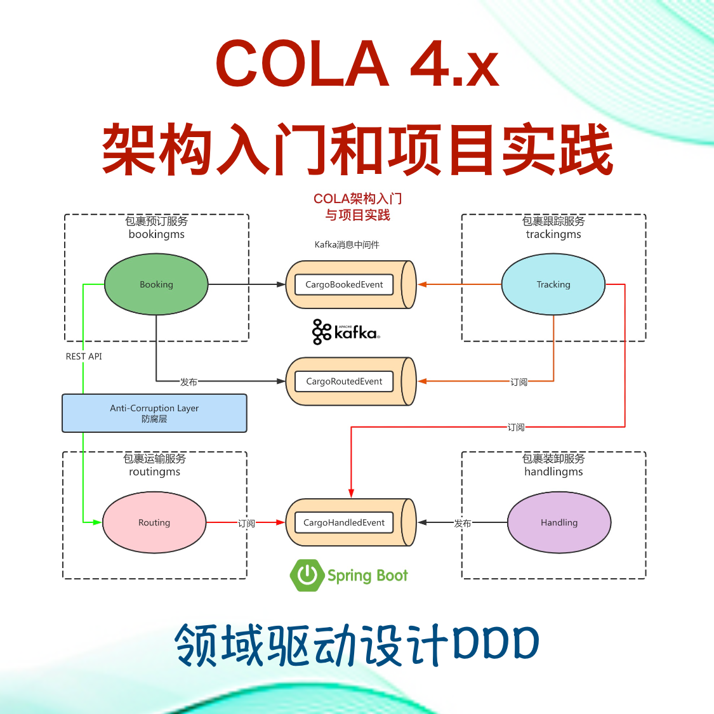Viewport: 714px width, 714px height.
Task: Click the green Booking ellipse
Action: click(x=156, y=284)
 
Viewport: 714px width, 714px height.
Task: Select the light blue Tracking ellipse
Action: click(x=553, y=284)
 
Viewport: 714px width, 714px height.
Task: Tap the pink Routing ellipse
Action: click(x=154, y=522)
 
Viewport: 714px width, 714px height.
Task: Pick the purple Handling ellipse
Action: click(x=559, y=522)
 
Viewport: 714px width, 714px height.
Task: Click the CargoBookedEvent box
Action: click(x=344, y=284)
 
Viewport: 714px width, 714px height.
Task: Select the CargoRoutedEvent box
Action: click(x=344, y=381)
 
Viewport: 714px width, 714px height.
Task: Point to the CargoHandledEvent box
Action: click(x=344, y=522)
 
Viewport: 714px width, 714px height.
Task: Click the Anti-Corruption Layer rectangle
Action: click(x=154, y=413)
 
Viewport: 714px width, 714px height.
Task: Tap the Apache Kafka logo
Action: click(x=346, y=332)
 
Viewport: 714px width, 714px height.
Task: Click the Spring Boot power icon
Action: click(x=307, y=575)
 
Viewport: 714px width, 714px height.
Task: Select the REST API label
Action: click(x=84, y=357)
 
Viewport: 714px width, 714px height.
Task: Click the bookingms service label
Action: click(x=156, y=234)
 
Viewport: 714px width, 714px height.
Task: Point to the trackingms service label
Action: click(x=553, y=234)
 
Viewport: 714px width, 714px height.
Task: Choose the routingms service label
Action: click(x=154, y=472)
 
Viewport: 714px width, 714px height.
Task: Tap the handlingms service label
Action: click(x=553, y=472)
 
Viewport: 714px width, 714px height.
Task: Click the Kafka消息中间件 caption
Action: click(x=347, y=245)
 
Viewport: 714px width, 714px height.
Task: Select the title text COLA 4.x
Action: click(x=357, y=63)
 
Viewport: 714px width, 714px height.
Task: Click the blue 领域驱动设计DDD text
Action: click(x=357, y=645)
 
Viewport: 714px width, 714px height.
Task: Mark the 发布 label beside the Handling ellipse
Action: click(x=462, y=524)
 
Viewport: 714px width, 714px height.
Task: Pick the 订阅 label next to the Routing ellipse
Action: click(x=246, y=524)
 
